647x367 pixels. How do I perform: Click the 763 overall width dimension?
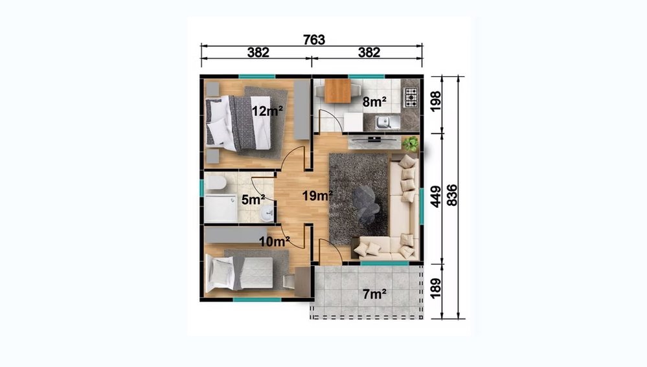click(314, 39)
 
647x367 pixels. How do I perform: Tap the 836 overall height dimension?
click(452, 195)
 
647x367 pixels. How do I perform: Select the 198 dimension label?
click(436, 101)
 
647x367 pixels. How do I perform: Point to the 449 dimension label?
click(436, 197)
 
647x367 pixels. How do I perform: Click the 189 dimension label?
click(436, 288)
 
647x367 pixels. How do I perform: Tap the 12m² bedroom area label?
click(267, 111)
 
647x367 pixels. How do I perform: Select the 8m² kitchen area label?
click(375, 102)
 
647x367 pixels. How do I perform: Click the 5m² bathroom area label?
click(253, 200)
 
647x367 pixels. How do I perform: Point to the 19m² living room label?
click(317, 196)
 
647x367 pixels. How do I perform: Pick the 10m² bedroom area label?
click(275, 241)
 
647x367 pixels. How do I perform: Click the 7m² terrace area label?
click(375, 294)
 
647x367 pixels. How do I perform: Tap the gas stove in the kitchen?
click(411, 98)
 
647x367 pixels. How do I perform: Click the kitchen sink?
click(387, 122)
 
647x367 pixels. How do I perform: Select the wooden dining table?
click(337, 91)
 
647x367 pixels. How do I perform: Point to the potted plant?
click(410, 144)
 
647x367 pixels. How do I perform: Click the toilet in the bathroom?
click(216, 183)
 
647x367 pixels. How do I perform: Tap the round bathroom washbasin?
click(267, 212)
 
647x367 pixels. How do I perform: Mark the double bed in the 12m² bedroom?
click(239, 123)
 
